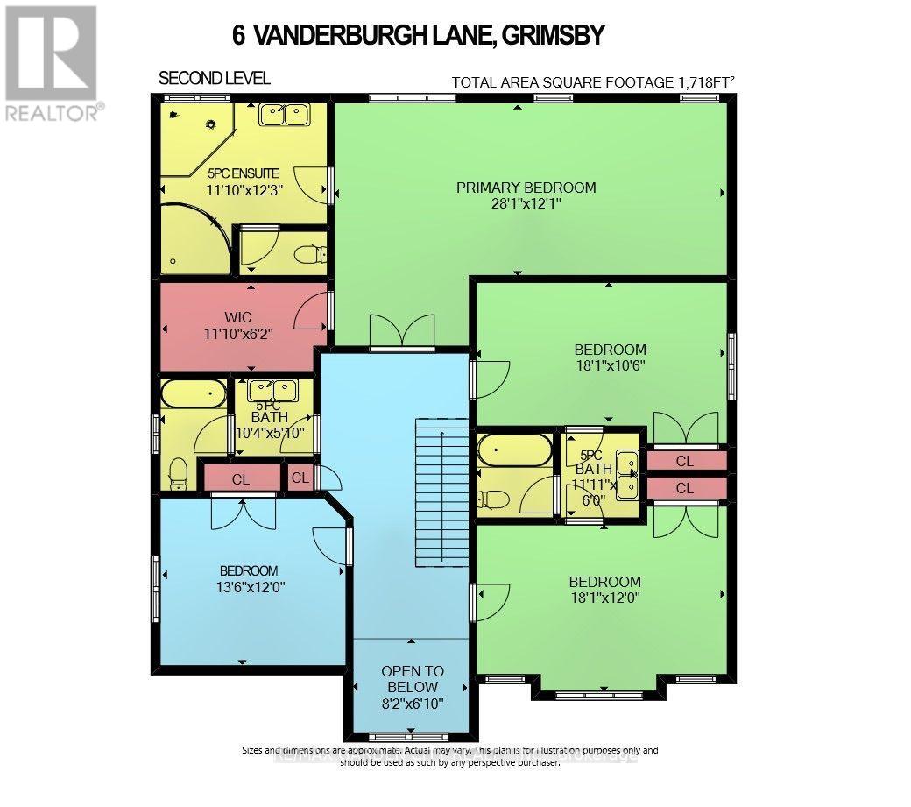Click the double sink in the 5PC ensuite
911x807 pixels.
(x=284, y=115)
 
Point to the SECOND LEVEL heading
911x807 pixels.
(x=214, y=79)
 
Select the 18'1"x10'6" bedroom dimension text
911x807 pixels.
(x=604, y=366)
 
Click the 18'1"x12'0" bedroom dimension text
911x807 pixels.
(x=604, y=598)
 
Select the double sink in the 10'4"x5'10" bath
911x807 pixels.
(x=272, y=389)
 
